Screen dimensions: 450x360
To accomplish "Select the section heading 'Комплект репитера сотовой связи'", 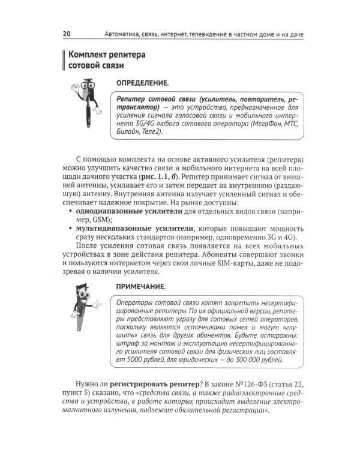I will tap(109, 60).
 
